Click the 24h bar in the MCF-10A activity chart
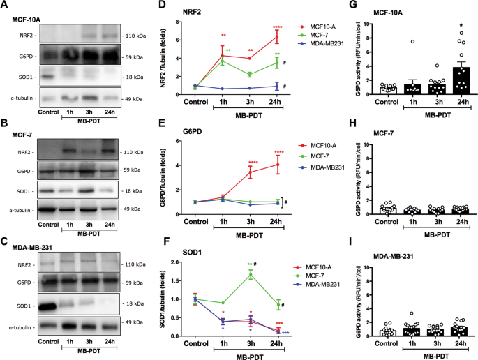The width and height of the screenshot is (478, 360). point(443,80)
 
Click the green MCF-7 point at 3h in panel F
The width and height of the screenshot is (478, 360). point(251,275)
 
